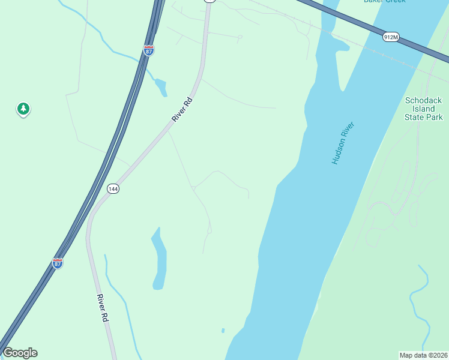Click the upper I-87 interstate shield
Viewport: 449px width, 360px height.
(149, 50)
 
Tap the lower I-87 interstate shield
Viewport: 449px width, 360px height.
(58, 263)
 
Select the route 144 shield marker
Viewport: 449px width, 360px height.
(113, 188)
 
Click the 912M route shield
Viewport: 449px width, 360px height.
(390, 37)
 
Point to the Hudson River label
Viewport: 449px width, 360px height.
(343, 143)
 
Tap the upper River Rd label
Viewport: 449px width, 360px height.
(181, 109)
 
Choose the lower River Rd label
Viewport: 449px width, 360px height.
(101, 309)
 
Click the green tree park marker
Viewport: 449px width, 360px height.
(23, 109)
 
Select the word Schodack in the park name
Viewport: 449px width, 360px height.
(424, 100)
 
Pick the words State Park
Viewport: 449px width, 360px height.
(424, 118)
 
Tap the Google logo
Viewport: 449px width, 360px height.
(20, 353)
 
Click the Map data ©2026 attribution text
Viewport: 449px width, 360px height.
(423, 355)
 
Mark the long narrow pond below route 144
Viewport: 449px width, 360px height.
(159, 258)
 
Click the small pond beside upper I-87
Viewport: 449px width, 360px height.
(161, 88)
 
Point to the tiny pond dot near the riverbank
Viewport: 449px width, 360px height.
(223, 330)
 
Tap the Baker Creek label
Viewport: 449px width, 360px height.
(384, 1)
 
